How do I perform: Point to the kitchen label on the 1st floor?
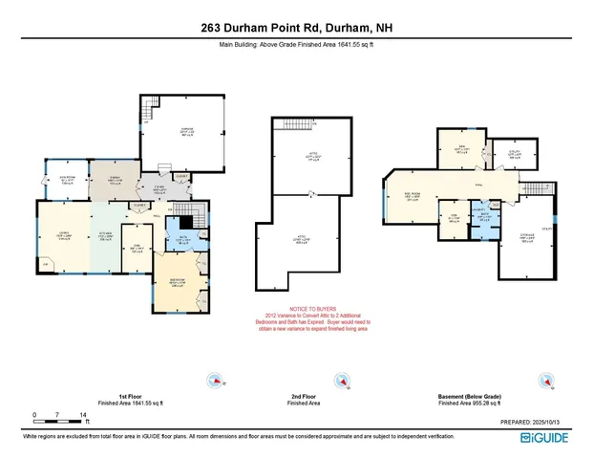(106, 235)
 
